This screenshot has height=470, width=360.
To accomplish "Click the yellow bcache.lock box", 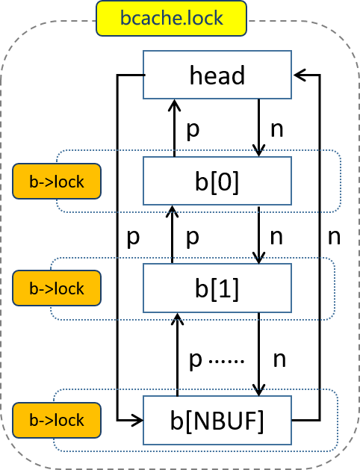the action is pyautogui.click(x=171, y=19).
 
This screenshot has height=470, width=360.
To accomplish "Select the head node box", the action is pyautogui.click(x=217, y=75).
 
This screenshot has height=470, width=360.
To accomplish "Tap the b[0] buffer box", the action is pyautogui.click(x=217, y=181).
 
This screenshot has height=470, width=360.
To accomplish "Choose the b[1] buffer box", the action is pyautogui.click(x=217, y=288).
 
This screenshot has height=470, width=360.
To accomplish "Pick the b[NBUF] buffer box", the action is pyautogui.click(x=217, y=420).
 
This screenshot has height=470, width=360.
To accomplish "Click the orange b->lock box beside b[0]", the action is pyautogui.click(x=57, y=181).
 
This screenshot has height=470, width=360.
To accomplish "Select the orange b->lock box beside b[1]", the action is pyautogui.click(x=57, y=288).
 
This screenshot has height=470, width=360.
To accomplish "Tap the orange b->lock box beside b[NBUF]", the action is pyautogui.click(x=57, y=420).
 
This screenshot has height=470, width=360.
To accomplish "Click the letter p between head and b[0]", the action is pyautogui.click(x=193, y=131).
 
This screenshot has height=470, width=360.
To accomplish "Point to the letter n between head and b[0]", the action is pyautogui.click(x=277, y=129).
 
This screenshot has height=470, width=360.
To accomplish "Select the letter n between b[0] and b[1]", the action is pyautogui.click(x=276, y=237).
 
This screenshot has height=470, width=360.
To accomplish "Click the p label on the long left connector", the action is pyautogui.click(x=133, y=238).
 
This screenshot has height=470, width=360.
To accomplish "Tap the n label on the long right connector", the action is pyautogui.click(x=335, y=237).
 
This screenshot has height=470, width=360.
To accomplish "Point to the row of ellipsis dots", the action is pyautogui.click(x=226, y=362).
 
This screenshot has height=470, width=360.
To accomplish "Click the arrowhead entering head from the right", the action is pyautogui.click(x=299, y=75).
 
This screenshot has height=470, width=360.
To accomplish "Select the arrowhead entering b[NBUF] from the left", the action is pyautogui.click(x=137, y=420).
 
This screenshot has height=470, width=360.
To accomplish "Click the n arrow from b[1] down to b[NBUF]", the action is pyautogui.click(x=258, y=354).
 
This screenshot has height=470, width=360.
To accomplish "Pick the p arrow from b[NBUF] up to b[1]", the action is pyautogui.click(x=178, y=355).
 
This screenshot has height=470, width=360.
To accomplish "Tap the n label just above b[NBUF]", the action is pyautogui.click(x=280, y=359).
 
